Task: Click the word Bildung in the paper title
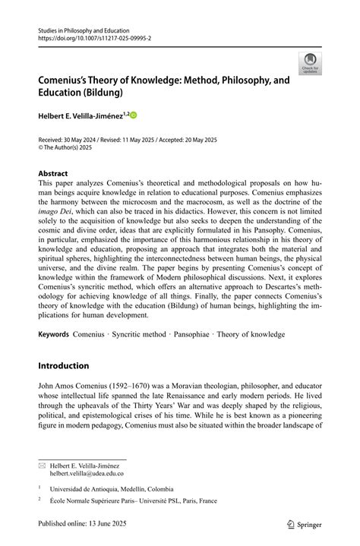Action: click(104, 93)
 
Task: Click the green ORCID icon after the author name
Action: click(134, 115)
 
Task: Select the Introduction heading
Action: click(64, 366)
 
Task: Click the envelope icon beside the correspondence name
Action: click(42, 464)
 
